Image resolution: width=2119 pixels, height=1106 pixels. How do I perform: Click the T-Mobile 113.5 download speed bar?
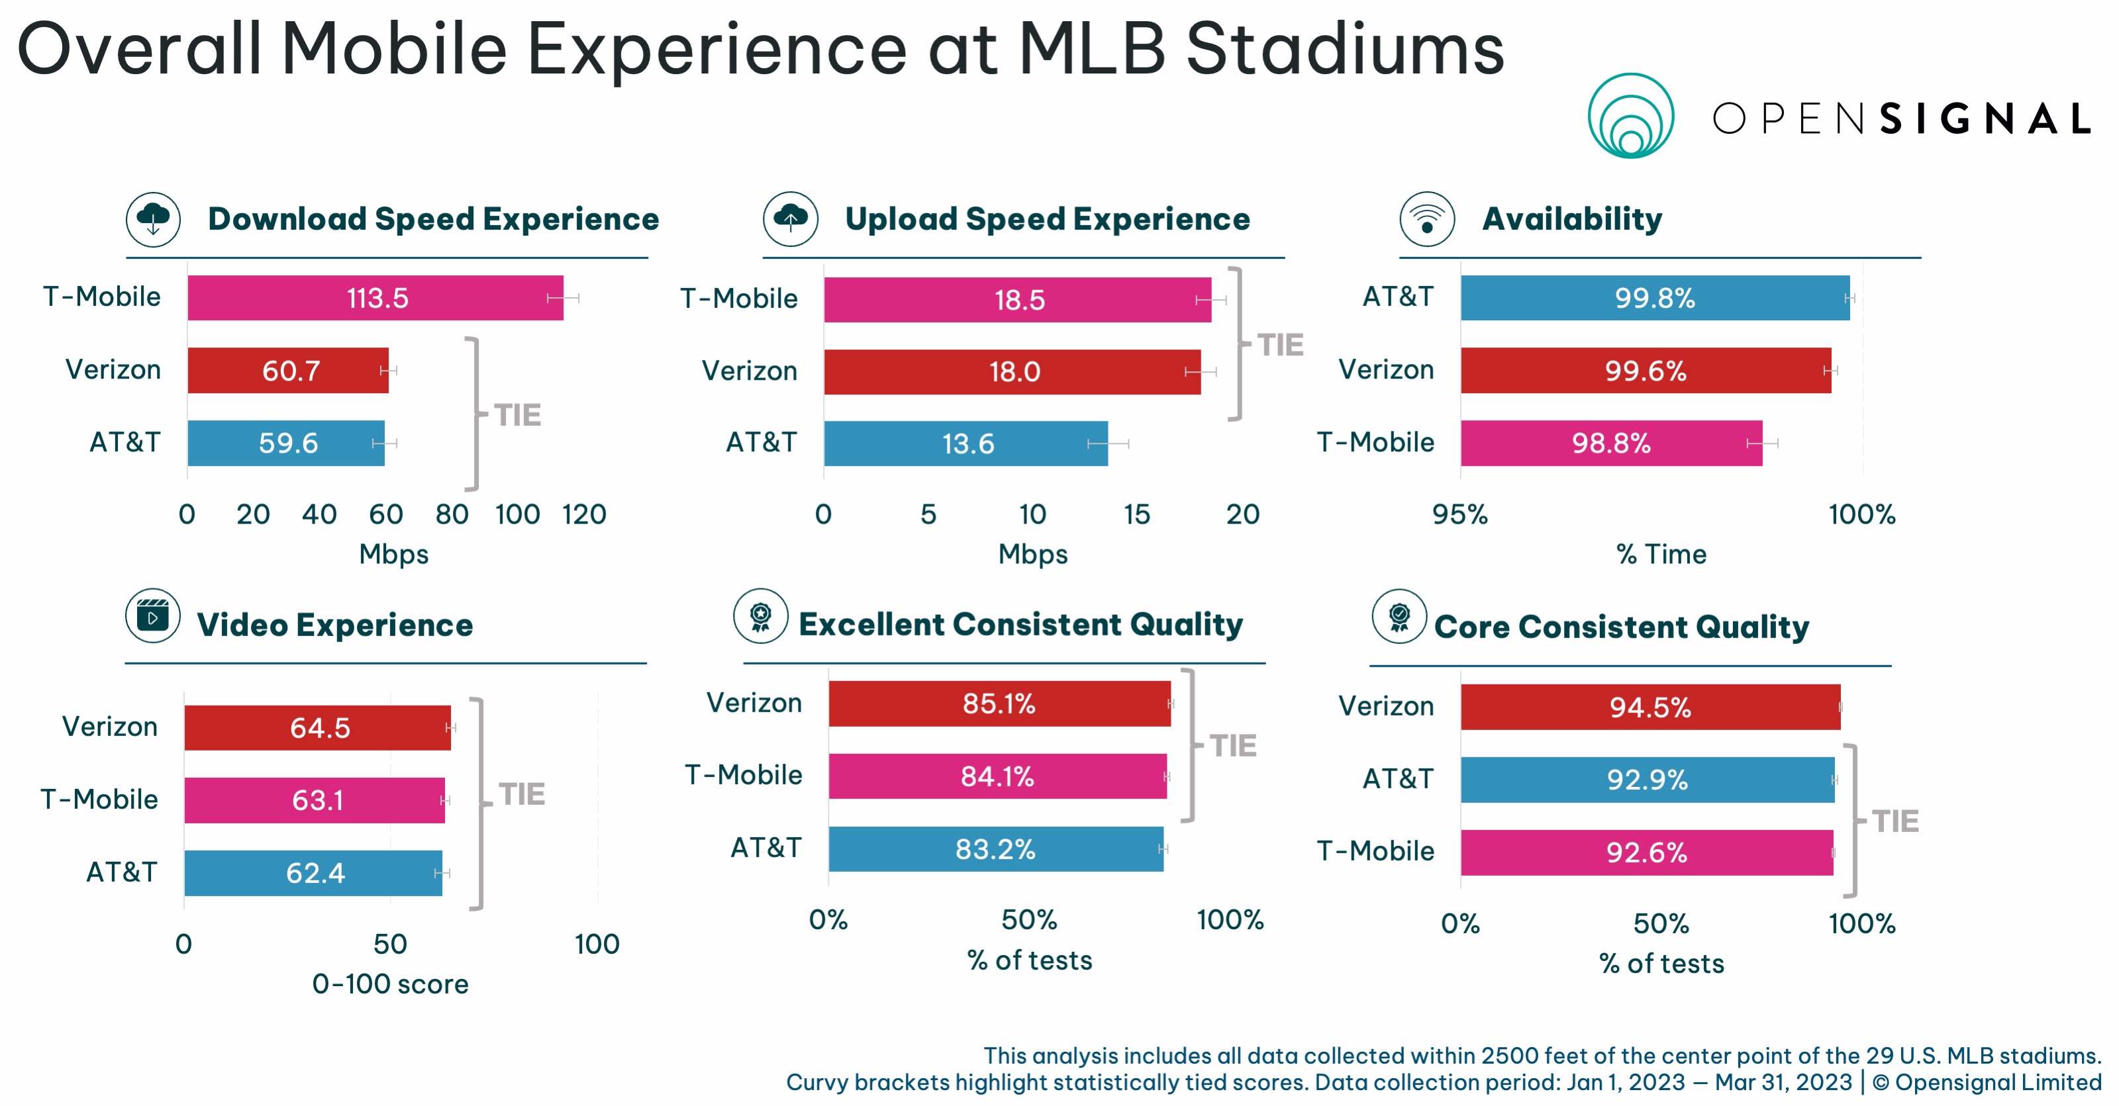[375, 298]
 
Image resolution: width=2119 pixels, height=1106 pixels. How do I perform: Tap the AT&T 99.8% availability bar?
[1654, 298]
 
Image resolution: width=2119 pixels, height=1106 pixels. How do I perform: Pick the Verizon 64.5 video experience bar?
[318, 728]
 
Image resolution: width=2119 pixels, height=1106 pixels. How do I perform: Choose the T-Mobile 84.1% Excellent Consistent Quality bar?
[997, 776]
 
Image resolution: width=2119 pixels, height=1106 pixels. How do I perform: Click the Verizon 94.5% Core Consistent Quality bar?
[1650, 707]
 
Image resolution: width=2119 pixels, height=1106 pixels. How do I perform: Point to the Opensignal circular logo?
[1630, 116]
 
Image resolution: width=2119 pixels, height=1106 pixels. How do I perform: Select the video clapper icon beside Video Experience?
[153, 616]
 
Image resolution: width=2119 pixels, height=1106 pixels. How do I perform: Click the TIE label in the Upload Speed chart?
[1280, 346]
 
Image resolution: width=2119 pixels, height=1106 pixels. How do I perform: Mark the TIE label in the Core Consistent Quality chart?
[1895, 821]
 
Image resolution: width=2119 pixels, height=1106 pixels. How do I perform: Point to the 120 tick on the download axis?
[584, 515]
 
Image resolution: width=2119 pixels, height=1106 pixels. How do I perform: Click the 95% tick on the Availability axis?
[1459, 515]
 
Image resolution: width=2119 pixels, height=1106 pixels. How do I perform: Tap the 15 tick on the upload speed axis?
[1137, 515]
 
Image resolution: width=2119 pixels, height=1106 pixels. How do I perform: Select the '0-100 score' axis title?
[390, 984]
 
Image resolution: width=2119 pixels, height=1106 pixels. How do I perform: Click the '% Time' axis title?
[1661, 554]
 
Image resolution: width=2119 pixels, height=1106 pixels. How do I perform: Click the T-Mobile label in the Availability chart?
[1375, 442]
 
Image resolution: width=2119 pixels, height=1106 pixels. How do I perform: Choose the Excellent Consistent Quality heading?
[1020, 625]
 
